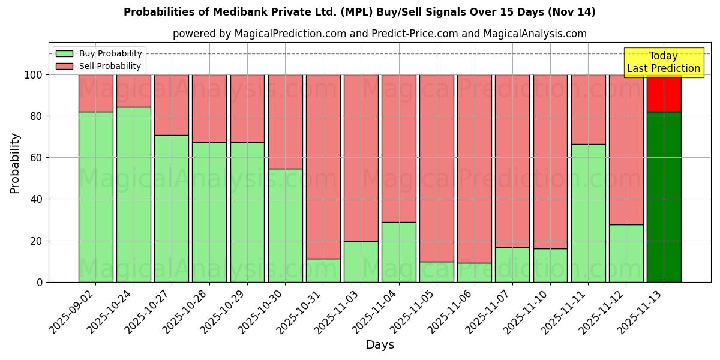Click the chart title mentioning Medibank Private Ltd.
(359, 12)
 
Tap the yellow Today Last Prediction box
(663, 62)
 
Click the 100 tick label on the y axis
(32, 75)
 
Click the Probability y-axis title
(15, 163)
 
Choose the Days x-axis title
(380, 345)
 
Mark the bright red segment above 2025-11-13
(664, 93)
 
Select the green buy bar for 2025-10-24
(133, 194)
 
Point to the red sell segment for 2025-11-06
(474, 169)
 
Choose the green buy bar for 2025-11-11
(588, 213)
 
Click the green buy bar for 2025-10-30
(285, 225)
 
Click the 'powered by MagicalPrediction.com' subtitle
(380, 34)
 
